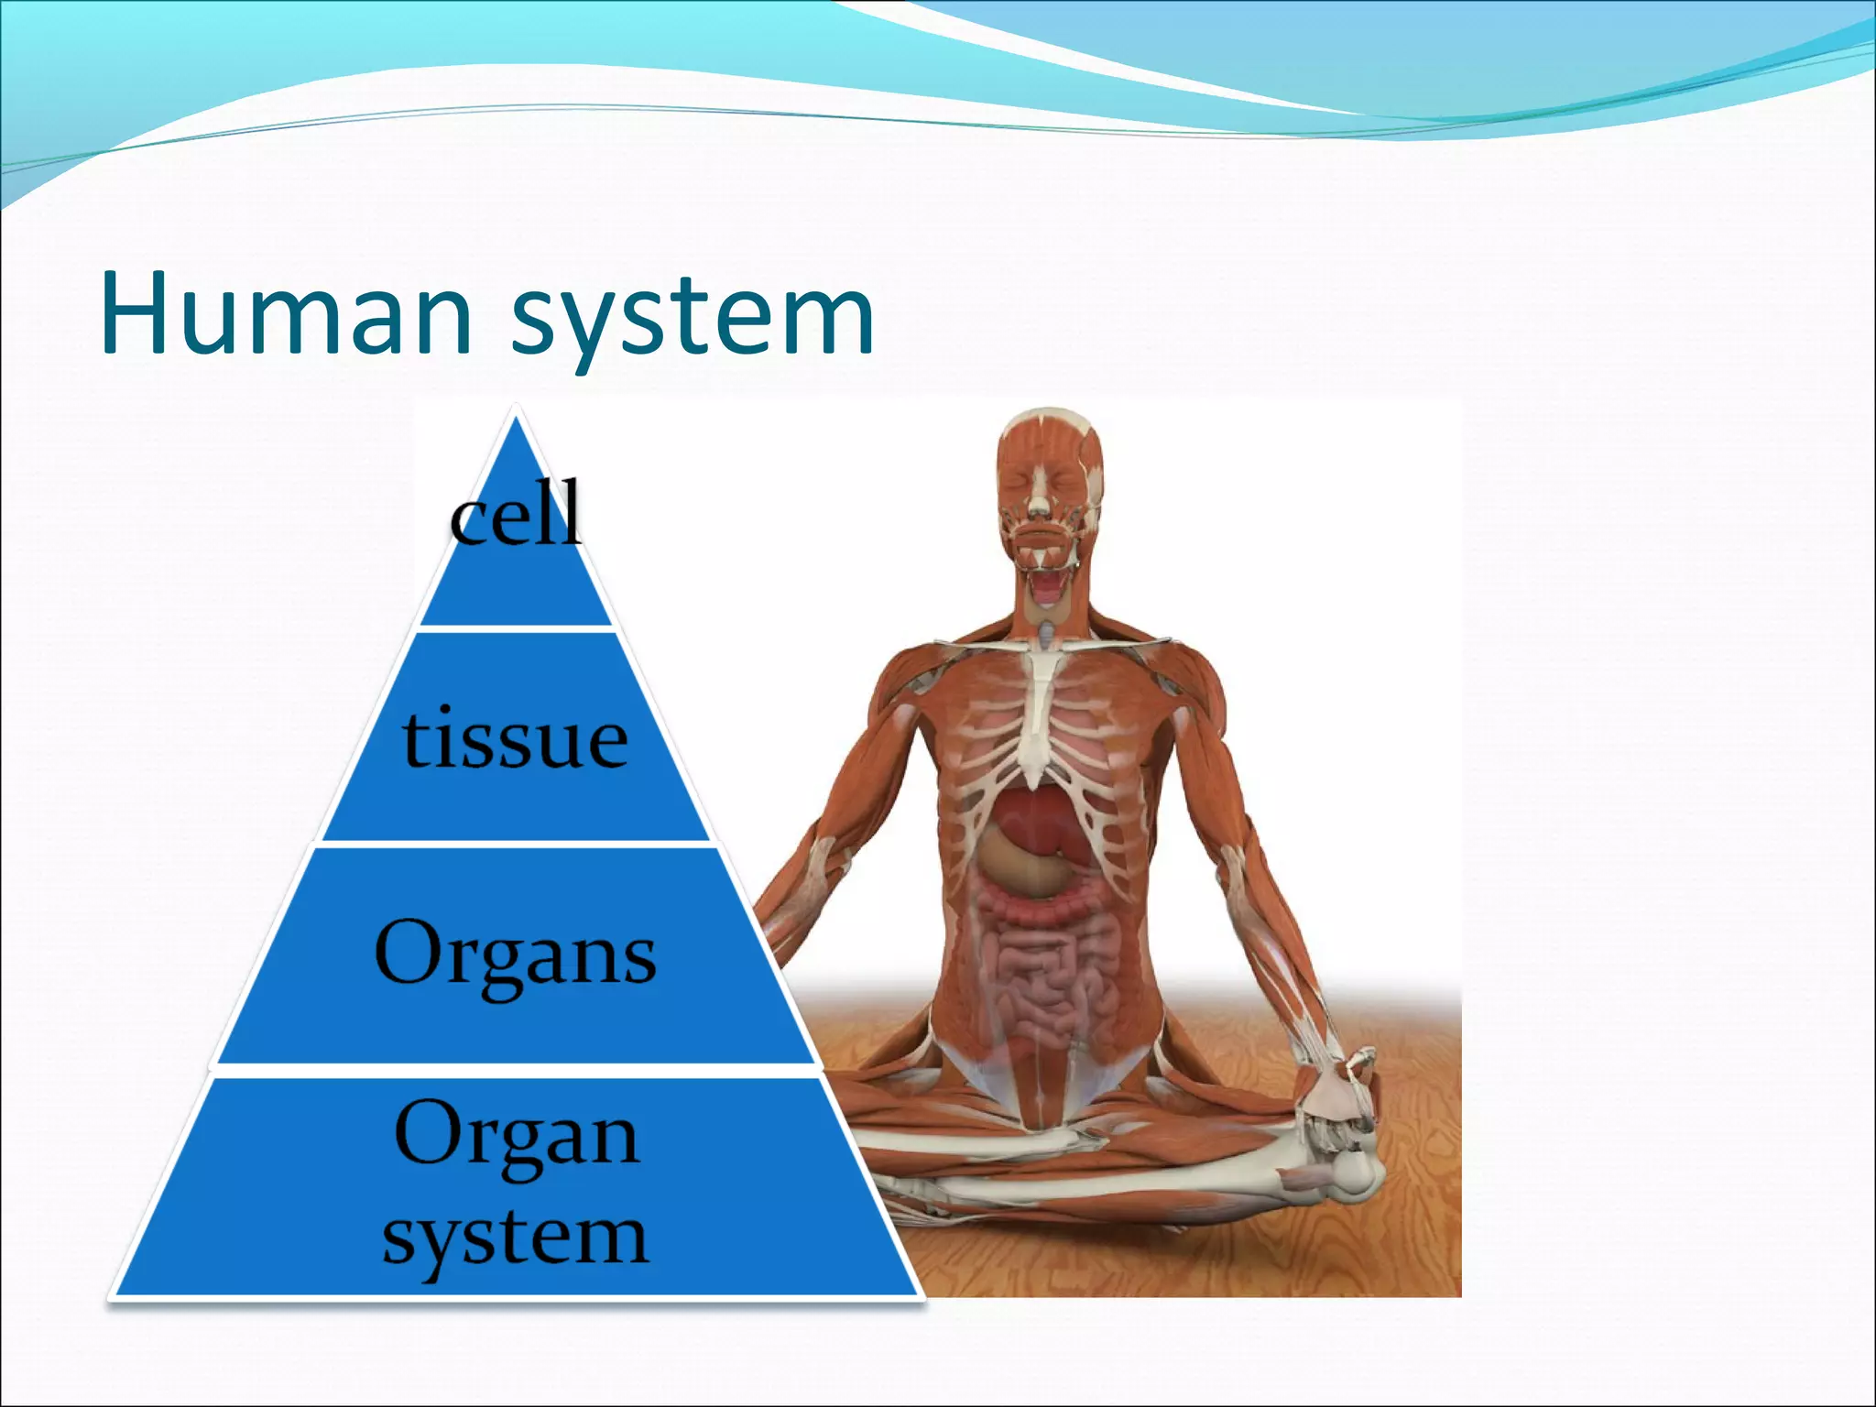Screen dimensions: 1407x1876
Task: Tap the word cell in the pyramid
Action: coord(516,515)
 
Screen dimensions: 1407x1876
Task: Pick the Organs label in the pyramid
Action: coord(516,954)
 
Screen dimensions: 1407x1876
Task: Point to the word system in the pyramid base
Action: coord(516,1237)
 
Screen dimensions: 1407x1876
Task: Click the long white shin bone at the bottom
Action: coord(1099,1191)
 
